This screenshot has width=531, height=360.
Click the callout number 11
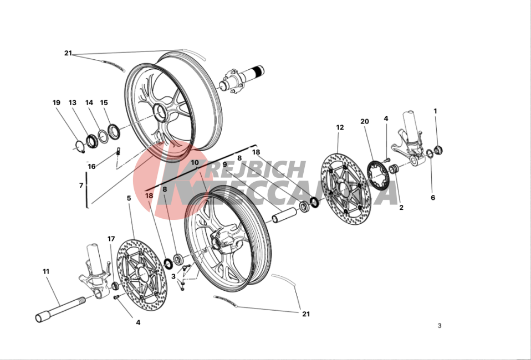[46, 271]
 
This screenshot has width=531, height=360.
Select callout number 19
[56, 102]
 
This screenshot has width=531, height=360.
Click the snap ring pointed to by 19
[80, 147]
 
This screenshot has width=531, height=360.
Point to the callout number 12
[340, 127]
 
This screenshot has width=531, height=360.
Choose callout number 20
[364, 121]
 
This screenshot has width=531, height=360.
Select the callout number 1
[435, 111]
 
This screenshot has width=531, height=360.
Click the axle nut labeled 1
[438, 150]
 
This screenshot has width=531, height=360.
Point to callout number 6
[433, 198]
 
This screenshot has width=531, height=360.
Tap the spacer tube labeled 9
[285, 216]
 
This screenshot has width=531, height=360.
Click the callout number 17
[111, 239]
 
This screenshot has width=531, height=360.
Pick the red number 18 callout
[149, 196]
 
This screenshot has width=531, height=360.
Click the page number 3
[440, 326]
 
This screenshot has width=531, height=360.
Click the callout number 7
[81, 186]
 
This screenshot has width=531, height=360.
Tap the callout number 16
[91, 167]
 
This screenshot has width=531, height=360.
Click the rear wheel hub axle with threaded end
[242, 79]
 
